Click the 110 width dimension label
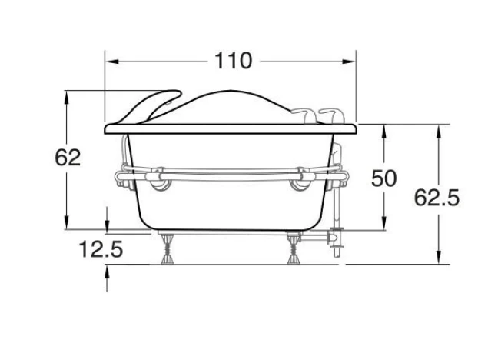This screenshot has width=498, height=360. (234, 61)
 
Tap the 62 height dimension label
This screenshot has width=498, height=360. (68, 158)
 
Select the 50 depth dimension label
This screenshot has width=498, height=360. (384, 178)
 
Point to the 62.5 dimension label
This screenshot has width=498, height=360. (437, 198)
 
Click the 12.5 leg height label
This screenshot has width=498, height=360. (101, 249)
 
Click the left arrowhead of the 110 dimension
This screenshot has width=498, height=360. (111, 62)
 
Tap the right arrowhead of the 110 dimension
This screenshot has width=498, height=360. (349, 62)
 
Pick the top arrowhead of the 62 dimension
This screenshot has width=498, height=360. (66, 97)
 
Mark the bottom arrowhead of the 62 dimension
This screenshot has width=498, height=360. (66, 222)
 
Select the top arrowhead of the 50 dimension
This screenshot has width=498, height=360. (384, 131)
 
